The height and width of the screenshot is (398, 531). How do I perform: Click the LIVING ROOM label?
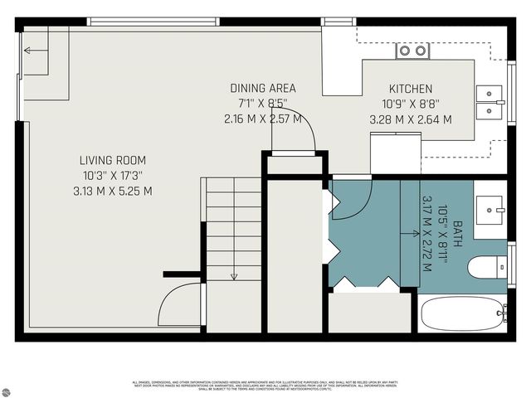tap(112, 160)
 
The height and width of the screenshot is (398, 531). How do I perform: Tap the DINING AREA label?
tap(263, 88)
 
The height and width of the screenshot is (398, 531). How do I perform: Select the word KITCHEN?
tap(411, 89)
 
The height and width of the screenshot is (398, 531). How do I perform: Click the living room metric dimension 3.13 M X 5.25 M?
tap(113, 191)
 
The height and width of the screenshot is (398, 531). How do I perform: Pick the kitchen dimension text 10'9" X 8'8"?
tap(411, 104)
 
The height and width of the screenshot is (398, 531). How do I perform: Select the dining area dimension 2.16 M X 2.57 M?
tap(263, 119)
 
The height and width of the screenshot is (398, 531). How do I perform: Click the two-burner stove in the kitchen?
tap(412, 51)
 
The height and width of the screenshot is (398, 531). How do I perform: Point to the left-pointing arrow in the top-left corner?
tap(31, 51)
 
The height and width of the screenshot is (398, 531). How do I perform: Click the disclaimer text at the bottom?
tap(265, 386)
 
